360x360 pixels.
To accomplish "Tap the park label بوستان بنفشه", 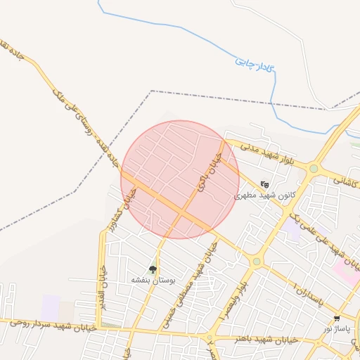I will click(x=153, y=279).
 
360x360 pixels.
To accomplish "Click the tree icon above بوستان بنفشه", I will click(x=153, y=269).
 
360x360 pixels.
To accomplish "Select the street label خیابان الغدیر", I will click(x=103, y=285).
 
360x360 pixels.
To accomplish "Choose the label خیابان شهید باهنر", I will click(x=257, y=339).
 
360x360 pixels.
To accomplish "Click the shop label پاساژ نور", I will click(x=337, y=328).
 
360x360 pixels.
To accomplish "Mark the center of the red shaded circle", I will click(x=180, y=179).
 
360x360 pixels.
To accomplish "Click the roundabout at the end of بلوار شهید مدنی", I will click(x=314, y=169).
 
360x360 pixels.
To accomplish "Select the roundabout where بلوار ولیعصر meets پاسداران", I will click(x=257, y=262).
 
